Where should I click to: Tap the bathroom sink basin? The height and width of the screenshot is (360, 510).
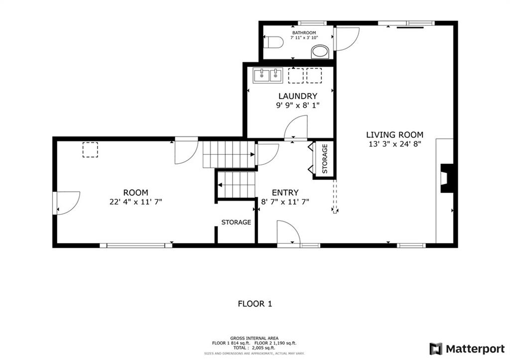(x=320, y=52)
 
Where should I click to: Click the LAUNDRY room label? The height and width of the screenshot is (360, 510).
(x=298, y=96)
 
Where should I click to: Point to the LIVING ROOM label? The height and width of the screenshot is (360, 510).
(x=395, y=134)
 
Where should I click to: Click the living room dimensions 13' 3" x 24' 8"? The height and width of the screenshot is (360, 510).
(x=395, y=144)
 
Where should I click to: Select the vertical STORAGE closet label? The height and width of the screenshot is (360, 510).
(x=325, y=159)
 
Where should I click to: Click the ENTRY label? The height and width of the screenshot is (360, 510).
(x=285, y=193)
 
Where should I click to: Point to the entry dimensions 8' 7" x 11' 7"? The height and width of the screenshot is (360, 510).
(x=285, y=202)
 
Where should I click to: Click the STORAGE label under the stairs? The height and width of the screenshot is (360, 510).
(x=236, y=223)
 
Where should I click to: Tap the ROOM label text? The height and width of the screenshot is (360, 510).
(x=135, y=193)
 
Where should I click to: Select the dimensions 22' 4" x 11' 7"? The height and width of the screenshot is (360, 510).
(x=135, y=202)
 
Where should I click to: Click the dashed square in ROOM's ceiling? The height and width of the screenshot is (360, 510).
(x=90, y=150)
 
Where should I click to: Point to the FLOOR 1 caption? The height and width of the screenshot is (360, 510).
(x=255, y=304)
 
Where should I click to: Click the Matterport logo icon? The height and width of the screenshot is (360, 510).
(x=436, y=349)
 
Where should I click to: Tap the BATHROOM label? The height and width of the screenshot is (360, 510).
(x=304, y=33)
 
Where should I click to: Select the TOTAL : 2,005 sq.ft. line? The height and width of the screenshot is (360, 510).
(x=255, y=348)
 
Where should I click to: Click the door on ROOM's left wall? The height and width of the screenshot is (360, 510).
(x=66, y=203)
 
